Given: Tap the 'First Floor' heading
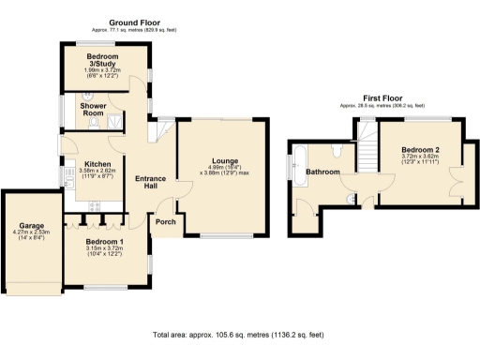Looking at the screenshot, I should (x=383, y=98).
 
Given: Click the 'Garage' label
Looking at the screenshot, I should (x=28, y=225).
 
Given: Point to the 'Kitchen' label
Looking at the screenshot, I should (x=98, y=165).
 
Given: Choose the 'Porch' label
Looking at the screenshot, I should (x=169, y=223).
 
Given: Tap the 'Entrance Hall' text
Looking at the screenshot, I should (x=150, y=184).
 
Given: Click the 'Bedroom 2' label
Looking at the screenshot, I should (x=421, y=150).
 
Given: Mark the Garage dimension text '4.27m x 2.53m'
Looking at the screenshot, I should (x=29, y=232).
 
